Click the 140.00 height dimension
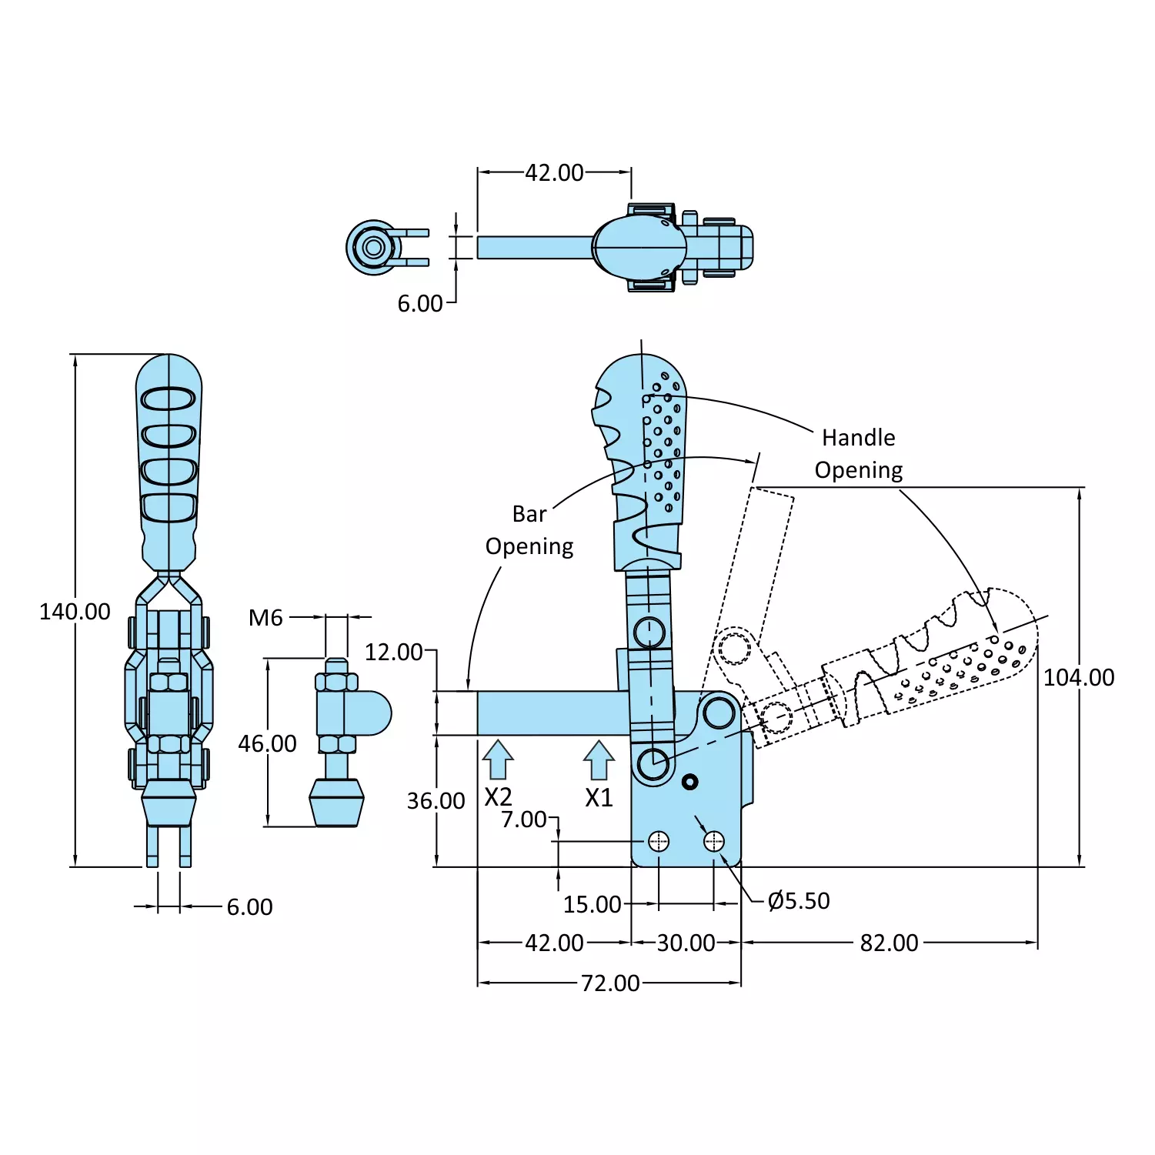pyautogui.click(x=75, y=612)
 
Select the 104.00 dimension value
pyautogui.click(x=1079, y=677)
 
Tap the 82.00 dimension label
pyautogui.click(x=889, y=943)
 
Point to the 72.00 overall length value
pyautogui.click(x=610, y=983)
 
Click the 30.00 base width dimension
pyautogui.click(x=686, y=943)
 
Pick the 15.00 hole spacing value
pyautogui.click(x=592, y=904)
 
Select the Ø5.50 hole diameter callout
pyautogui.click(x=799, y=900)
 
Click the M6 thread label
pyautogui.click(x=265, y=617)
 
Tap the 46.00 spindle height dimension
pyautogui.click(x=267, y=743)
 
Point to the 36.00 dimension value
pyautogui.click(x=436, y=801)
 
